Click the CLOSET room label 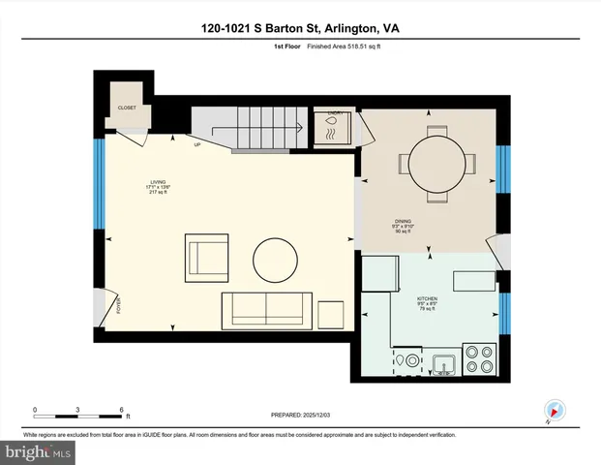coord(127,108)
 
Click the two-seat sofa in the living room coord(266,310)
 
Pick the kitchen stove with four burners coord(479,359)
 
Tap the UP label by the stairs coord(196,145)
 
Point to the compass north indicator coord(554,411)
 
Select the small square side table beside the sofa coord(331,315)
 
